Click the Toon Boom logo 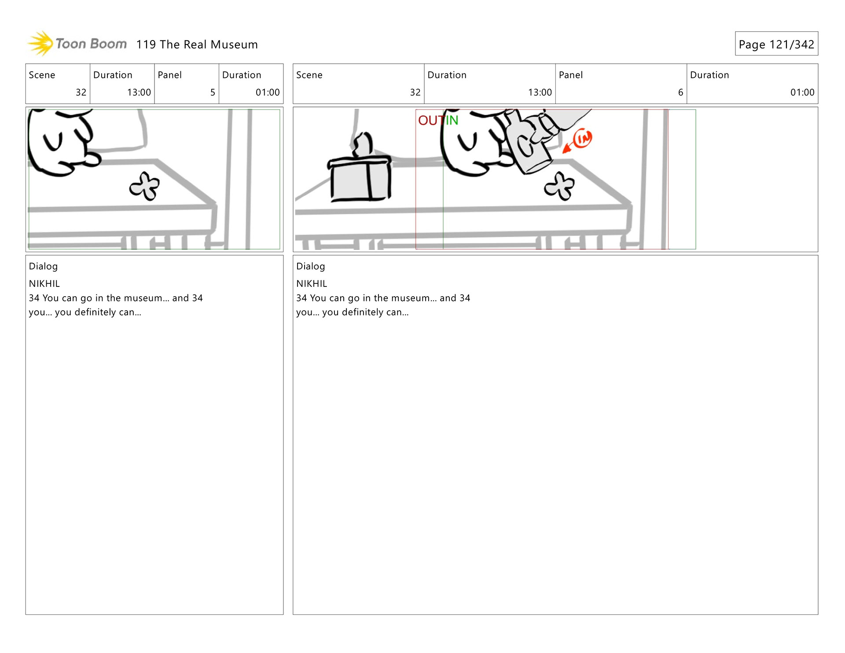pos(77,44)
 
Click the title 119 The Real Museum pos(197,44)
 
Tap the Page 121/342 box pos(776,44)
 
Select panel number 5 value pos(213,92)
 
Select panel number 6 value pos(680,92)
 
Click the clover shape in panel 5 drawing pos(144,186)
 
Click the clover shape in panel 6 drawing pos(559,186)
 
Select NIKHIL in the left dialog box pos(44,284)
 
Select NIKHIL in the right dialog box pos(312,284)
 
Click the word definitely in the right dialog pos(361,312)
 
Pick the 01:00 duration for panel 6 pos(802,92)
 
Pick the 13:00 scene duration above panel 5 pos(139,92)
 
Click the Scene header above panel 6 pos(309,75)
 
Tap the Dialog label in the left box pos(43,267)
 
